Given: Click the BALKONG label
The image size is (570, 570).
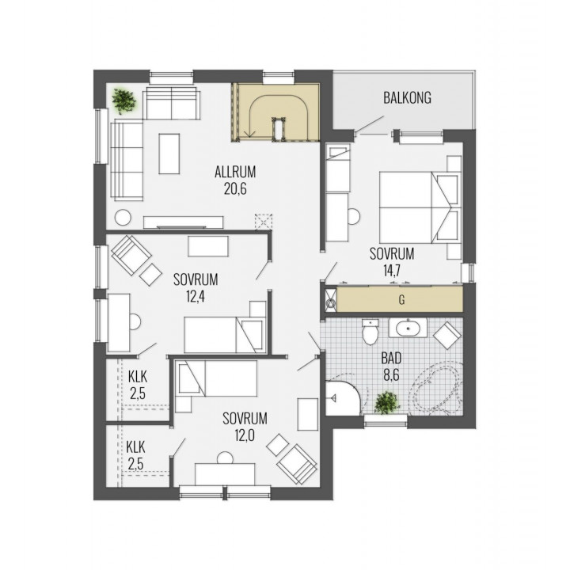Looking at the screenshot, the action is [x=407, y=98].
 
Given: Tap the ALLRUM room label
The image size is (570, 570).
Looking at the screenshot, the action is [x=235, y=172].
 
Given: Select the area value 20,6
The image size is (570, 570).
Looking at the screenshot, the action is [x=235, y=189].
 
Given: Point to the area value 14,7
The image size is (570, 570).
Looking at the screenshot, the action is [x=392, y=271].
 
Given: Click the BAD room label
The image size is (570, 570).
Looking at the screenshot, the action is [x=391, y=359].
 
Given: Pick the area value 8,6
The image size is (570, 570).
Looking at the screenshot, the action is [x=391, y=374].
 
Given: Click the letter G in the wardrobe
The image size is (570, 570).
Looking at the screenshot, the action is [x=401, y=300].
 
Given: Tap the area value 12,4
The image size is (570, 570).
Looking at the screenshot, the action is [x=196, y=297].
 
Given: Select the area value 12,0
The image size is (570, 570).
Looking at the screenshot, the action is [x=245, y=435].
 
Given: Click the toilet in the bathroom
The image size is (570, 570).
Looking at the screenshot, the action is [x=370, y=332].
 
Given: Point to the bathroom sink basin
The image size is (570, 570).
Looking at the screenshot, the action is [x=408, y=329].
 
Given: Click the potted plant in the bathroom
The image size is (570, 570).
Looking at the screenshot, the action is [x=387, y=403].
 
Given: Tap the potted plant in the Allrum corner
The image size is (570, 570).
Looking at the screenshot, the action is [x=124, y=101].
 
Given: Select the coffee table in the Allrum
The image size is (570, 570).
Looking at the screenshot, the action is [x=169, y=154].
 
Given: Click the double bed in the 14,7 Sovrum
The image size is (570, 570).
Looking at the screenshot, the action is [x=419, y=207].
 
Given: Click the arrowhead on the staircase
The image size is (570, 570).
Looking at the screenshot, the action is [x=249, y=135].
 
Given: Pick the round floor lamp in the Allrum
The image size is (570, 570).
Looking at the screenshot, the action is [x=123, y=218].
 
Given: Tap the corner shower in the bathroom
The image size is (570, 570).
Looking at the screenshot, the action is [x=342, y=397].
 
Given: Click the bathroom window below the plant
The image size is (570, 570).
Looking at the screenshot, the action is [x=386, y=419].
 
